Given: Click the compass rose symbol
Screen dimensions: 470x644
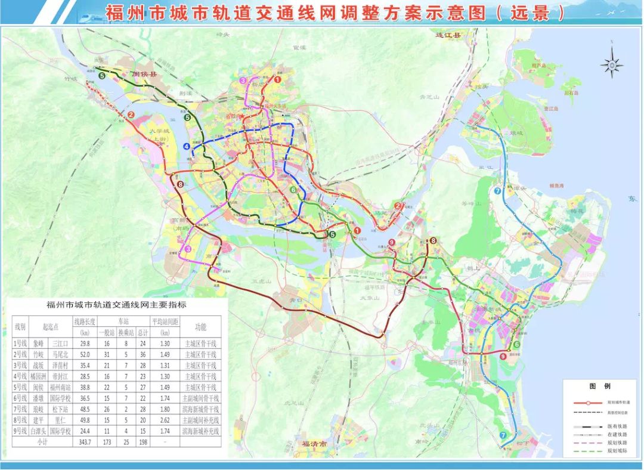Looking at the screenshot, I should (612, 65).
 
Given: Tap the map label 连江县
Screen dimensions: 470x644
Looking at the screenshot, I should (448, 35).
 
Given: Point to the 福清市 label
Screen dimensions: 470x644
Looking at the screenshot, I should (312, 444).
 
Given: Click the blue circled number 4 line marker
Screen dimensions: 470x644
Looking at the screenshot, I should (187, 146).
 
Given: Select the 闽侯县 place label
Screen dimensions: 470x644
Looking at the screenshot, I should (143, 75).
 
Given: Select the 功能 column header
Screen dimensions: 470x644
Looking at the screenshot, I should (200, 327).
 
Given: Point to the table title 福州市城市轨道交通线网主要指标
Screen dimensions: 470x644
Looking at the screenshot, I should (116, 305).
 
